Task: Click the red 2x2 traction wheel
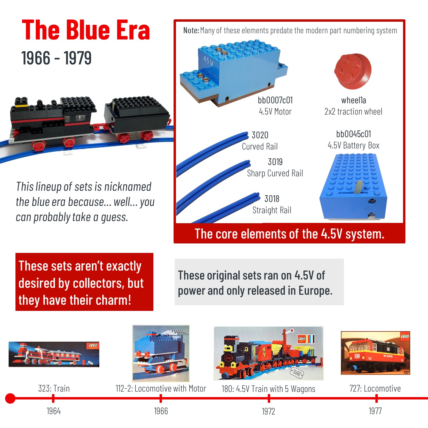(x=353, y=71)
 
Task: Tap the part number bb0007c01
(x=275, y=100)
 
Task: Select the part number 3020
(x=260, y=135)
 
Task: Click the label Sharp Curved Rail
(x=275, y=173)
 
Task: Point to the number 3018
(x=272, y=199)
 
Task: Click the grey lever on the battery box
(x=358, y=187)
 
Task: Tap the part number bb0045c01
(x=354, y=134)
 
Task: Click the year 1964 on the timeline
(x=53, y=411)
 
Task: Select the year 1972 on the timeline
(x=268, y=411)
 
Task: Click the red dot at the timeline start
(x=10, y=398)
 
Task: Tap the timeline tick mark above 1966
(x=161, y=399)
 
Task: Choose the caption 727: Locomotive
(x=375, y=388)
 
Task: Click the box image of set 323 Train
(x=54, y=355)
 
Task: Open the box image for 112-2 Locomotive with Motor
(x=161, y=353)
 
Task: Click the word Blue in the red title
(x=88, y=30)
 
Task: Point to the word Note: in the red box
(x=191, y=30)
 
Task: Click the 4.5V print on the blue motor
(x=208, y=61)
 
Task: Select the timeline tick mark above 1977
(x=377, y=399)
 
